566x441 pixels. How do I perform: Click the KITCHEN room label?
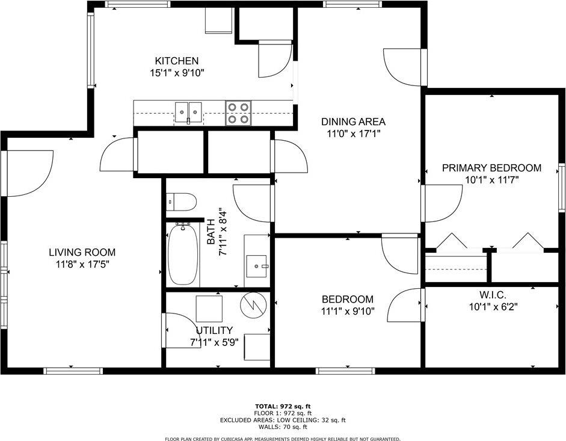(x=177, y=61)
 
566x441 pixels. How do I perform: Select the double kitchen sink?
(x=188, y=111)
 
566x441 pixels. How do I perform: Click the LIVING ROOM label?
(x=82, y=252)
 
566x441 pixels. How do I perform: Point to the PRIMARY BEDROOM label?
(x=491, y=168)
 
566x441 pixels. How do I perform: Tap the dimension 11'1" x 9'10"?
(x=347, y=311)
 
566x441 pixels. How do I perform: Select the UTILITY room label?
(x=214, y=330)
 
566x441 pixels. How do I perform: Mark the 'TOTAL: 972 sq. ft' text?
(x=283, y=406)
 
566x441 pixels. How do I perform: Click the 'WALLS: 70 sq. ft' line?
(x=283, y=427)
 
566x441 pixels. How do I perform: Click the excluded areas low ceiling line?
(x=283, y=420)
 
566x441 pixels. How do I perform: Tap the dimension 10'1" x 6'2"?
(x=493, y=306)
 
